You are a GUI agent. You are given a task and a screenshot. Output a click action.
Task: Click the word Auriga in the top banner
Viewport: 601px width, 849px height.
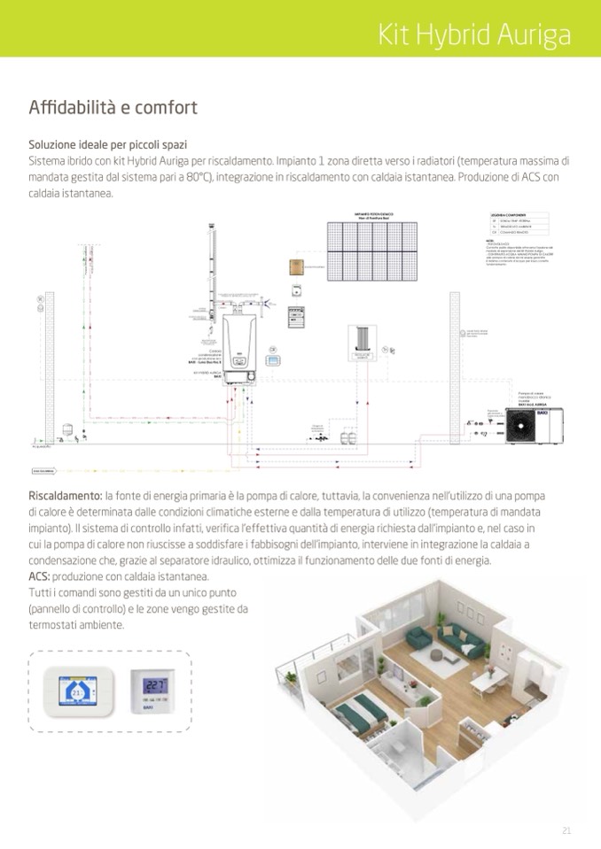[x=534, y=35]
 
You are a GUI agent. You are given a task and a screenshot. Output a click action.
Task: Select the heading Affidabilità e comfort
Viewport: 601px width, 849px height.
[x=113, y=108]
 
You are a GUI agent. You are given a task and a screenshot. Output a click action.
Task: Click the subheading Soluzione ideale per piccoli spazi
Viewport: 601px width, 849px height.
[x=107, y=144]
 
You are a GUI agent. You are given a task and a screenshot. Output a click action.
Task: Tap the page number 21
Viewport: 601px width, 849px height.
[x=566, y=830]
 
